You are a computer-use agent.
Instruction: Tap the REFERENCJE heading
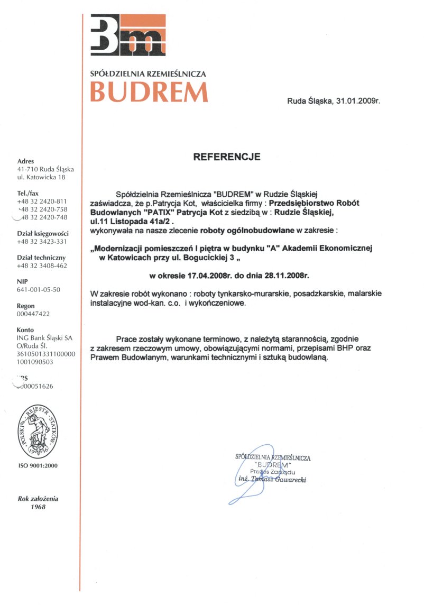pos(227,157)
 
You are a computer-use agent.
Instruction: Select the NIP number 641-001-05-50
pos(39,290)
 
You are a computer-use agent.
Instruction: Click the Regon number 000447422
pos(34,314)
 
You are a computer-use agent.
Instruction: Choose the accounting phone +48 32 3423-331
pos(43,242)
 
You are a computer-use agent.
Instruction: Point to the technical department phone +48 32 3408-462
pos(43,265)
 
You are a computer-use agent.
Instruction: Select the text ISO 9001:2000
pos(38,465)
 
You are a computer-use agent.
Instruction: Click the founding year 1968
pos(38,507)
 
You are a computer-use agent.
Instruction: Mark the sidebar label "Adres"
pos(26,161)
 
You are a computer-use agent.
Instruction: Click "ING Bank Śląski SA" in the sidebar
pos(45,338)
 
